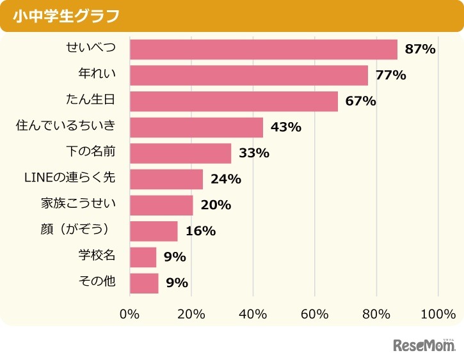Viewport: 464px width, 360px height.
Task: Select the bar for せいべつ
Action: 263,50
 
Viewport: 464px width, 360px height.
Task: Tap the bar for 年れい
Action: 248,75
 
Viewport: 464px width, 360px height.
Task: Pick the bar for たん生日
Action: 234,102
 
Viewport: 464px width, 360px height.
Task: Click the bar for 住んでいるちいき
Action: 196,127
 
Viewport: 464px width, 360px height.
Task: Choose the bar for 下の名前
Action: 180,153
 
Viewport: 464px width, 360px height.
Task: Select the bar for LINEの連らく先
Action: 166,179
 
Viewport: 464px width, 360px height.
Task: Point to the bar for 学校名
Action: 143,257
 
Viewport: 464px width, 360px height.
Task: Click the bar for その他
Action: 144,283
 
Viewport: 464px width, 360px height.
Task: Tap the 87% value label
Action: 420,50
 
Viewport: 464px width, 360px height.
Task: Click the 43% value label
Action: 285,127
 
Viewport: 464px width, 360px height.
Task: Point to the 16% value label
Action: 200,231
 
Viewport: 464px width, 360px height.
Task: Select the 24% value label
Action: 225,180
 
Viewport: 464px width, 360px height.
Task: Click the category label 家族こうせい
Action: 78,205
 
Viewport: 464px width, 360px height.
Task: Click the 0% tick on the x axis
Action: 130,314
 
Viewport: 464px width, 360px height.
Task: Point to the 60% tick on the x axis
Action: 315,314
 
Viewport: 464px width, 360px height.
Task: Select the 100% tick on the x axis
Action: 438,314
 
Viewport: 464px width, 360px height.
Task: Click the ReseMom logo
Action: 423,345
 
